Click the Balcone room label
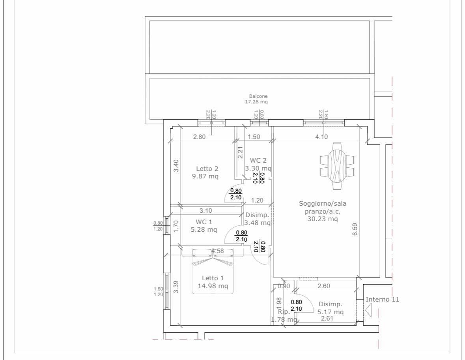[x=258, y=96]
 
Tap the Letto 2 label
[x=207, y=169]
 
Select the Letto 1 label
[x=213, y=278]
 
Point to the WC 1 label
[x=204, y=222]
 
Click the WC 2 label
[x=258, y=161]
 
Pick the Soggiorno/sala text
[x=322, y=204]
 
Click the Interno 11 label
[x=382, y=299]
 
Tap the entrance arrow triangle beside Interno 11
[x=369, y=311]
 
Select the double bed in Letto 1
[x=212, y=271]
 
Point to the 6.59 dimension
[x=355, y=229]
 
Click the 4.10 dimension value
[x=321, y=137]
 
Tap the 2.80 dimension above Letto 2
[x=199, y=137]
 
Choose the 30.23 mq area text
[x=323, y=219]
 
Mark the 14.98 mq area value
[x=213, y=286]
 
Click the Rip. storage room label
[x=284, y=312]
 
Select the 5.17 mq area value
[x=331, y=312]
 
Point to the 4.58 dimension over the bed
[x=217, y=251]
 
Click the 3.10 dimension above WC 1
[x=205, y=211]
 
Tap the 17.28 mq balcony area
[x=256, y=102]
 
